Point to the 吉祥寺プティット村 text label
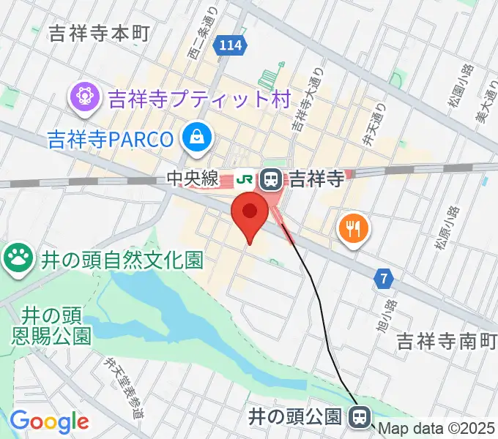(x=199, y=98)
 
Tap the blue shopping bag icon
(x=198, y=136)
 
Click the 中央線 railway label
(x=193, y=177)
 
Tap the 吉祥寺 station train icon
(x=272, y=177)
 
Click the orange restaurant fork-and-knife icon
(x=354, y=228)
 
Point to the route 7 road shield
(x=384, y=278)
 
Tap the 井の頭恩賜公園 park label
(x=51, y=326)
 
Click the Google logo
(x=49, y=421)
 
